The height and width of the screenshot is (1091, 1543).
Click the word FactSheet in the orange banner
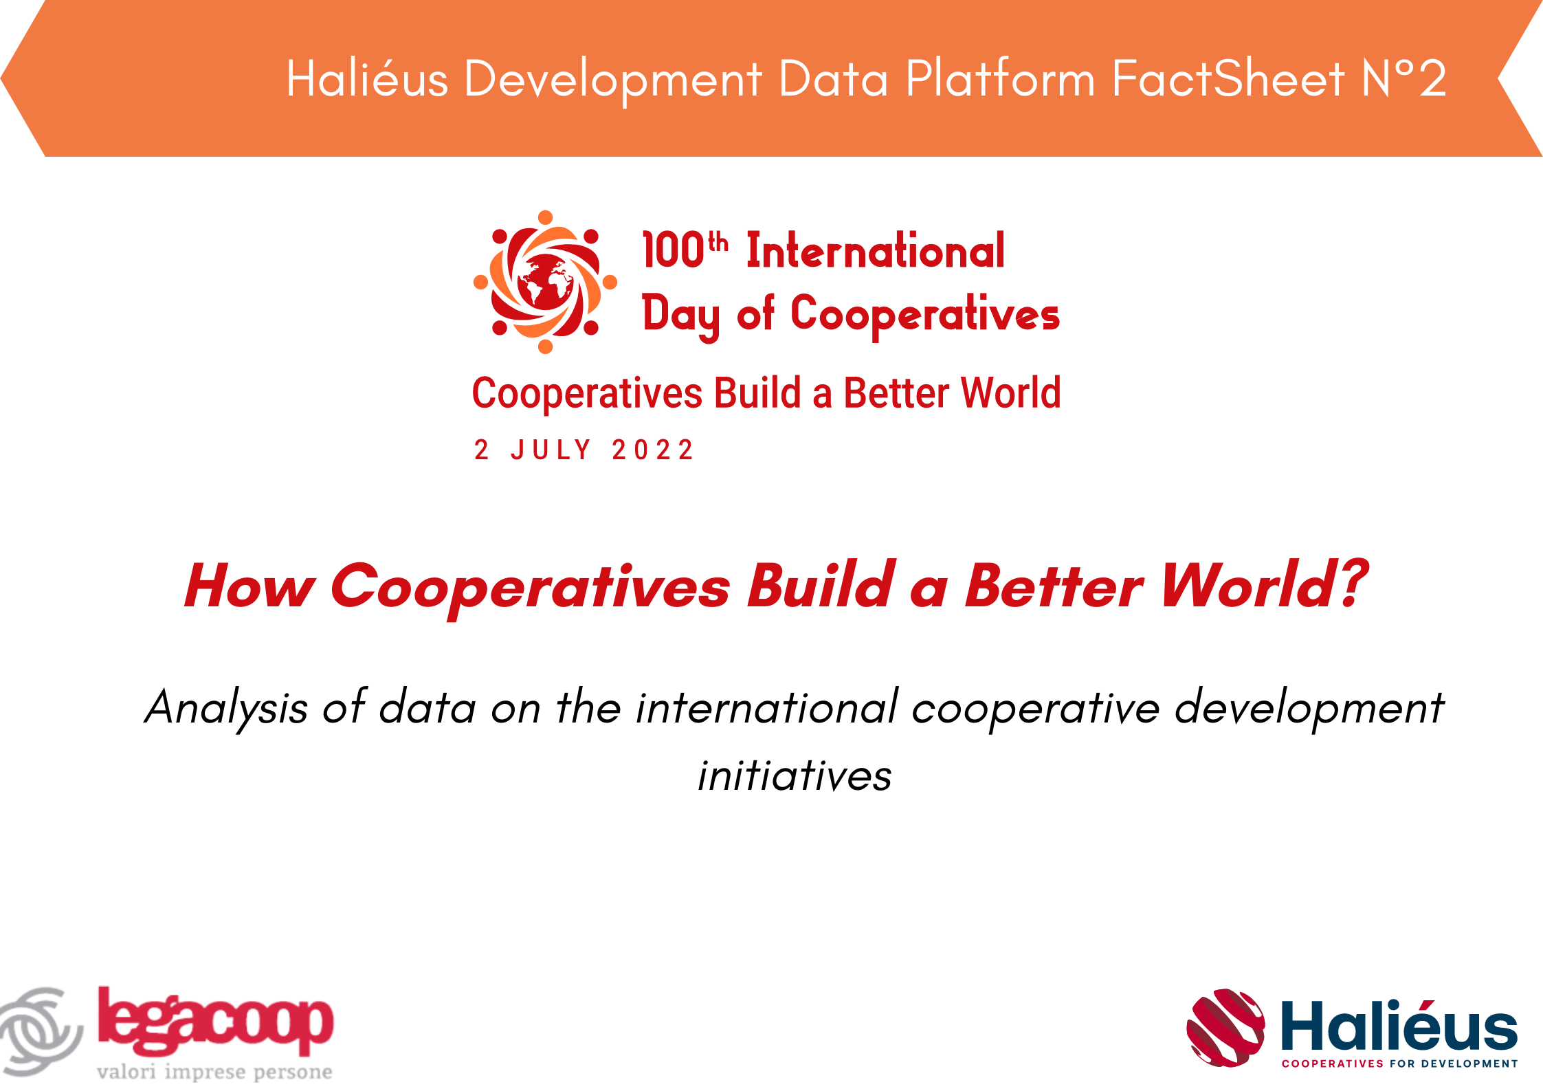click(1228, 78)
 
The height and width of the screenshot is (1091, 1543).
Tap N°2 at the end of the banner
click(1404, 78)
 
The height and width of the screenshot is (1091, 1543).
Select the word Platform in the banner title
click(1000, 78)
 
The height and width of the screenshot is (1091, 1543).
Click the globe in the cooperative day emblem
click(546, 282)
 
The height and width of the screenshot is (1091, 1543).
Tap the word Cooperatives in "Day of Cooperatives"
click(925, 315)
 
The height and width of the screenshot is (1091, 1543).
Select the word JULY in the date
click(551, 450)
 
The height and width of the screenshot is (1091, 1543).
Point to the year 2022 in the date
click(652, 450)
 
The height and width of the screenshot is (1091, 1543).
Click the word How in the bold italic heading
click(249, 586)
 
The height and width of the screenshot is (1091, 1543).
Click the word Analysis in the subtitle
click(227, 708)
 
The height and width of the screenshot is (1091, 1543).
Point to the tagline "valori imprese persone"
click(214, 1072)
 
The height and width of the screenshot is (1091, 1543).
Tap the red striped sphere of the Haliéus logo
click(1225, 1028)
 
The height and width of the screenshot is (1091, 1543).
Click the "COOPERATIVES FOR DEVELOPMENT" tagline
click(1399, 1064)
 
